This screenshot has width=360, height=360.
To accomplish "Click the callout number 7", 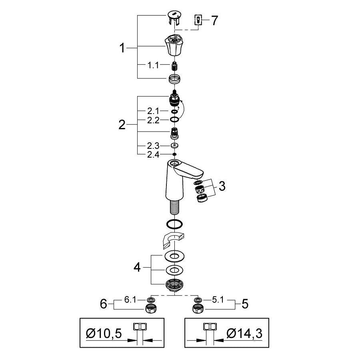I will point(215,20).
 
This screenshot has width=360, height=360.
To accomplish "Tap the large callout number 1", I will point(123,49).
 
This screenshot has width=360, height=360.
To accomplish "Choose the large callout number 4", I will point(137,267).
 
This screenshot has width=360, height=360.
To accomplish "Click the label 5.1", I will point(218,300).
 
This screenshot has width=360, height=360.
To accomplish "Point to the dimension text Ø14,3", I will point(244,333).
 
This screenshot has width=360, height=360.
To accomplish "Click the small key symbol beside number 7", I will point(198,20).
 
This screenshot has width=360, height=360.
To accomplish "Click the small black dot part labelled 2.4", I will point(174,154).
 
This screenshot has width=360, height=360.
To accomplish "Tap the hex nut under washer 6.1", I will point(151,308).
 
